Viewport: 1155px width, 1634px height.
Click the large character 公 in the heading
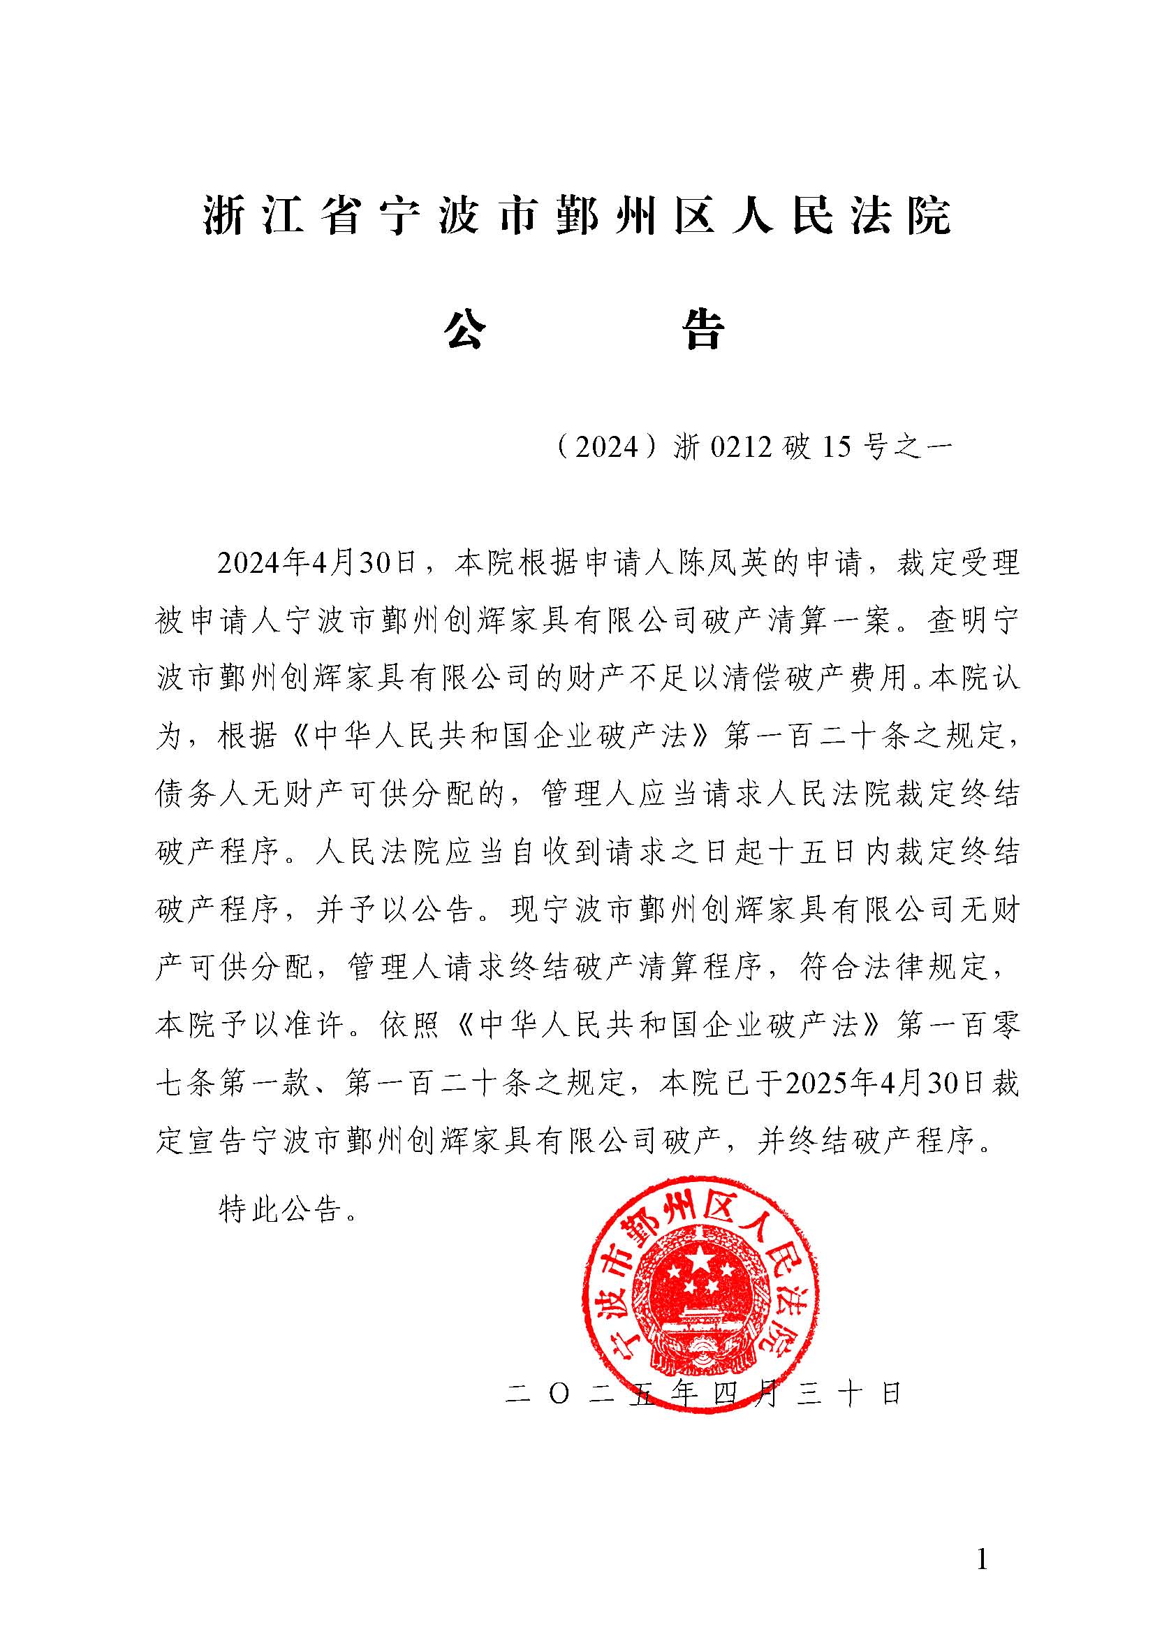(466, 330)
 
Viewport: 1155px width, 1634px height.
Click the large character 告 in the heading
(703, 330)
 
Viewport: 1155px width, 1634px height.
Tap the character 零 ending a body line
(1006, 1026)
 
